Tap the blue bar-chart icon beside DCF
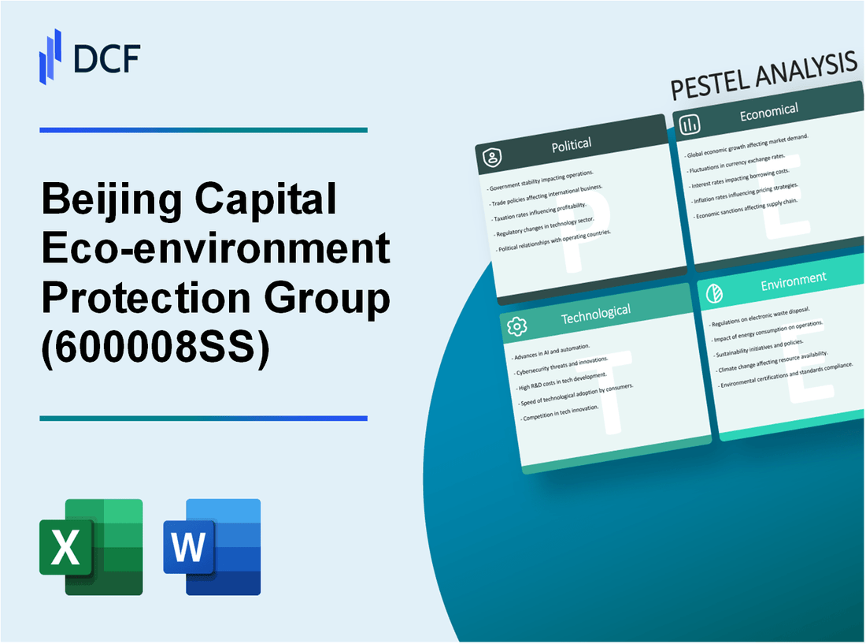tap(50, 56)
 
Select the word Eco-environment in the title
tap(215, 250)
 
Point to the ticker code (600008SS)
tap(154, 348)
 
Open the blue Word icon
tap(212, 546)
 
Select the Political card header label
tap(572, 144)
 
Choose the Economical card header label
tap(768, 112)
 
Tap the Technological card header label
tap(595, 315)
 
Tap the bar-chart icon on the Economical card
tap(690, 125)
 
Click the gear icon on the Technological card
tap(517, 327)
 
